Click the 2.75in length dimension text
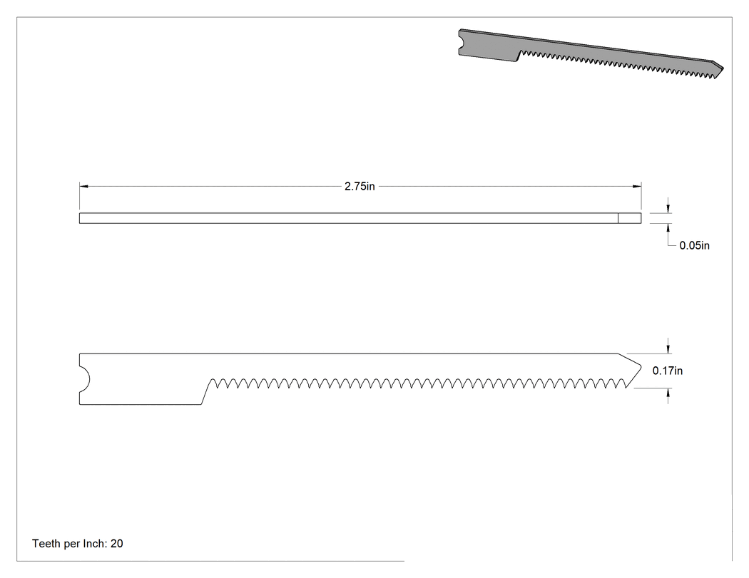(360, 187)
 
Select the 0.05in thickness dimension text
(694, 245)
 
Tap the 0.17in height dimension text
(667, 371)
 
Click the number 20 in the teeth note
(116, 544)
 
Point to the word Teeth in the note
(46, 544)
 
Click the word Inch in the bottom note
(95, 544)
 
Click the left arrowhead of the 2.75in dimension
(83, 187)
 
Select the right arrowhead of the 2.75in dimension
(637, 187)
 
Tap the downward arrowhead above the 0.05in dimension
(668, 209)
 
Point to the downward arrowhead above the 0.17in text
(668, 349)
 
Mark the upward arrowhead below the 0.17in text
(668, 392)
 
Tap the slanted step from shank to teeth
(206, 392)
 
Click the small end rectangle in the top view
(630, 218)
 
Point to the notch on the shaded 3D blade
(462, 43)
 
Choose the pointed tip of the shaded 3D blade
(723, 68)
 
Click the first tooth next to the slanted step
(215, 383)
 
